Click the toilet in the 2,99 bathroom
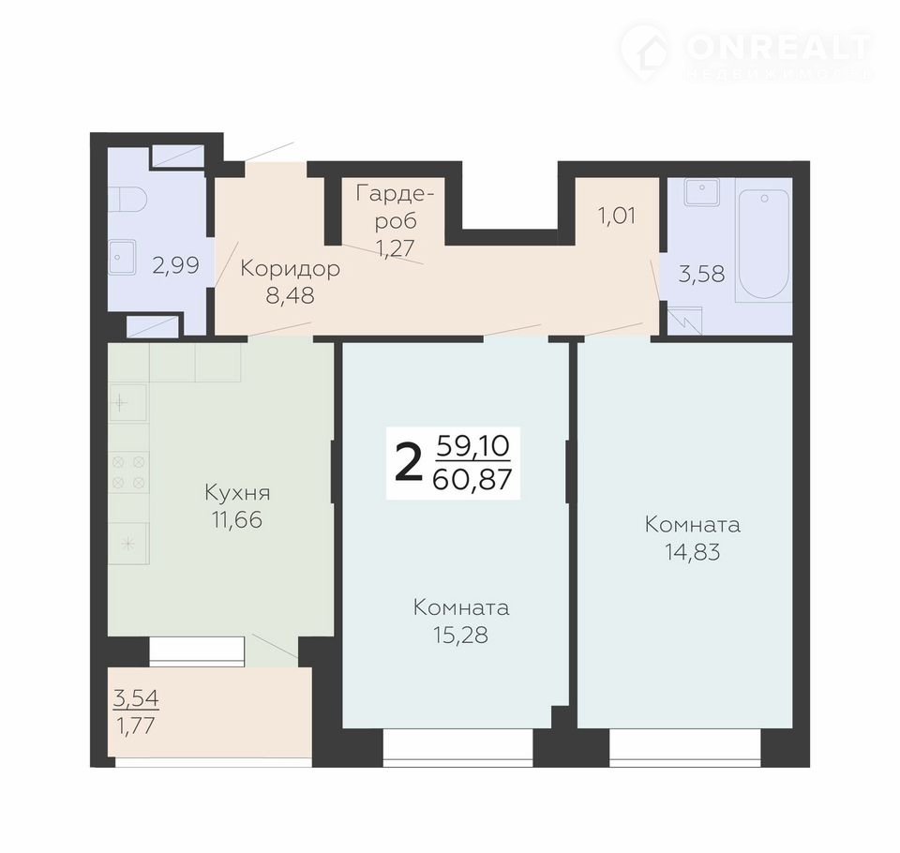tap(127, 199)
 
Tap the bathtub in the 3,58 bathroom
tap(764, 245)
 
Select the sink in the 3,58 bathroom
tap(701, 192)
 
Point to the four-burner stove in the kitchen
tap(128, 471)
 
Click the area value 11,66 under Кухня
tap(237, 520)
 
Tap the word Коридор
tap(290, 268)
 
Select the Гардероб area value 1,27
tap(396, 248)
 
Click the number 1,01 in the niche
tap(617, 216)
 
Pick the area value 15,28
tap(461, 635)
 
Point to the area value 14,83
tap(693, 551)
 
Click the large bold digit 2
tap(409, 464)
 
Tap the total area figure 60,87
tap(472, 479)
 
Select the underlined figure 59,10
tap(473, 446)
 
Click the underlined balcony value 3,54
tap(137, 698)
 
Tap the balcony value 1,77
tap(136, 726)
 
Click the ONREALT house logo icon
tap(646, 49)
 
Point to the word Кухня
tap(237, 492)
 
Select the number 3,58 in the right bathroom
tap(701, 274)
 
